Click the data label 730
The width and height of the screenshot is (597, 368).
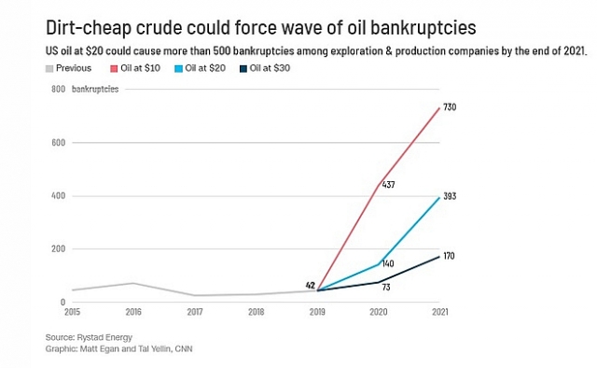pyautogui.click(x=450, y=107)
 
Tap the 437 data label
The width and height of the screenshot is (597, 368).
pyautogui.click(x=388, y=185)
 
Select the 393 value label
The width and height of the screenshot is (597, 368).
pyautogui.click(x=450, y=196)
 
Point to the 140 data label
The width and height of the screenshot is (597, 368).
pyautogui.click(x=388, y=264)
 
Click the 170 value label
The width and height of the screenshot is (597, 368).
pyautogui.click(x=449, y=256)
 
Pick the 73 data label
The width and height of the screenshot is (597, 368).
pyautogui.click(x=386, y=287)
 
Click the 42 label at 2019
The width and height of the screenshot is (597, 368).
pyautogui.click(x=311, y=285)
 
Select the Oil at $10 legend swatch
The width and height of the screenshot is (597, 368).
pyautogui.click(x=114, y=68)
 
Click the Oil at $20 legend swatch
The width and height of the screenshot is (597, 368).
pyautogui.click(x=178, y=68)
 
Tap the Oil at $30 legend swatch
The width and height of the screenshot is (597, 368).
pyautogui.click(x=243, y=68)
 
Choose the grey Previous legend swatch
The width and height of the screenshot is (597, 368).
pyautogui.click(x=49, y=68)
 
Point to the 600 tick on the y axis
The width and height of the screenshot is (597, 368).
pyautogui.click(x=59, y=143)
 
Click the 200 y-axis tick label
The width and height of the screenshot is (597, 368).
pyautogui.click(x=59, y=248)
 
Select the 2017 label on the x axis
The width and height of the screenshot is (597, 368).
pyautogui.click(x=195, y=312)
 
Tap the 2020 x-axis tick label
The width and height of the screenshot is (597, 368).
pyautogui.click(x=379, y=312)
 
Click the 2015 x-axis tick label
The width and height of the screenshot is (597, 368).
pyautogui.click(x=73, y=312)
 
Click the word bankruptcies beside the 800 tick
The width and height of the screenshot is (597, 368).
pyautogui.click(x=95, y=90)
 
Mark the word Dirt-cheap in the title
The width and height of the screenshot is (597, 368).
pyautogui.click(x=89, y=28)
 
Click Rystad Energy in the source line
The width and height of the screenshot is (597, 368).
pyautogui.click(x=104, y=337)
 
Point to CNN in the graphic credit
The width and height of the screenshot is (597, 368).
pyautogui.click(x=184, y=348)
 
